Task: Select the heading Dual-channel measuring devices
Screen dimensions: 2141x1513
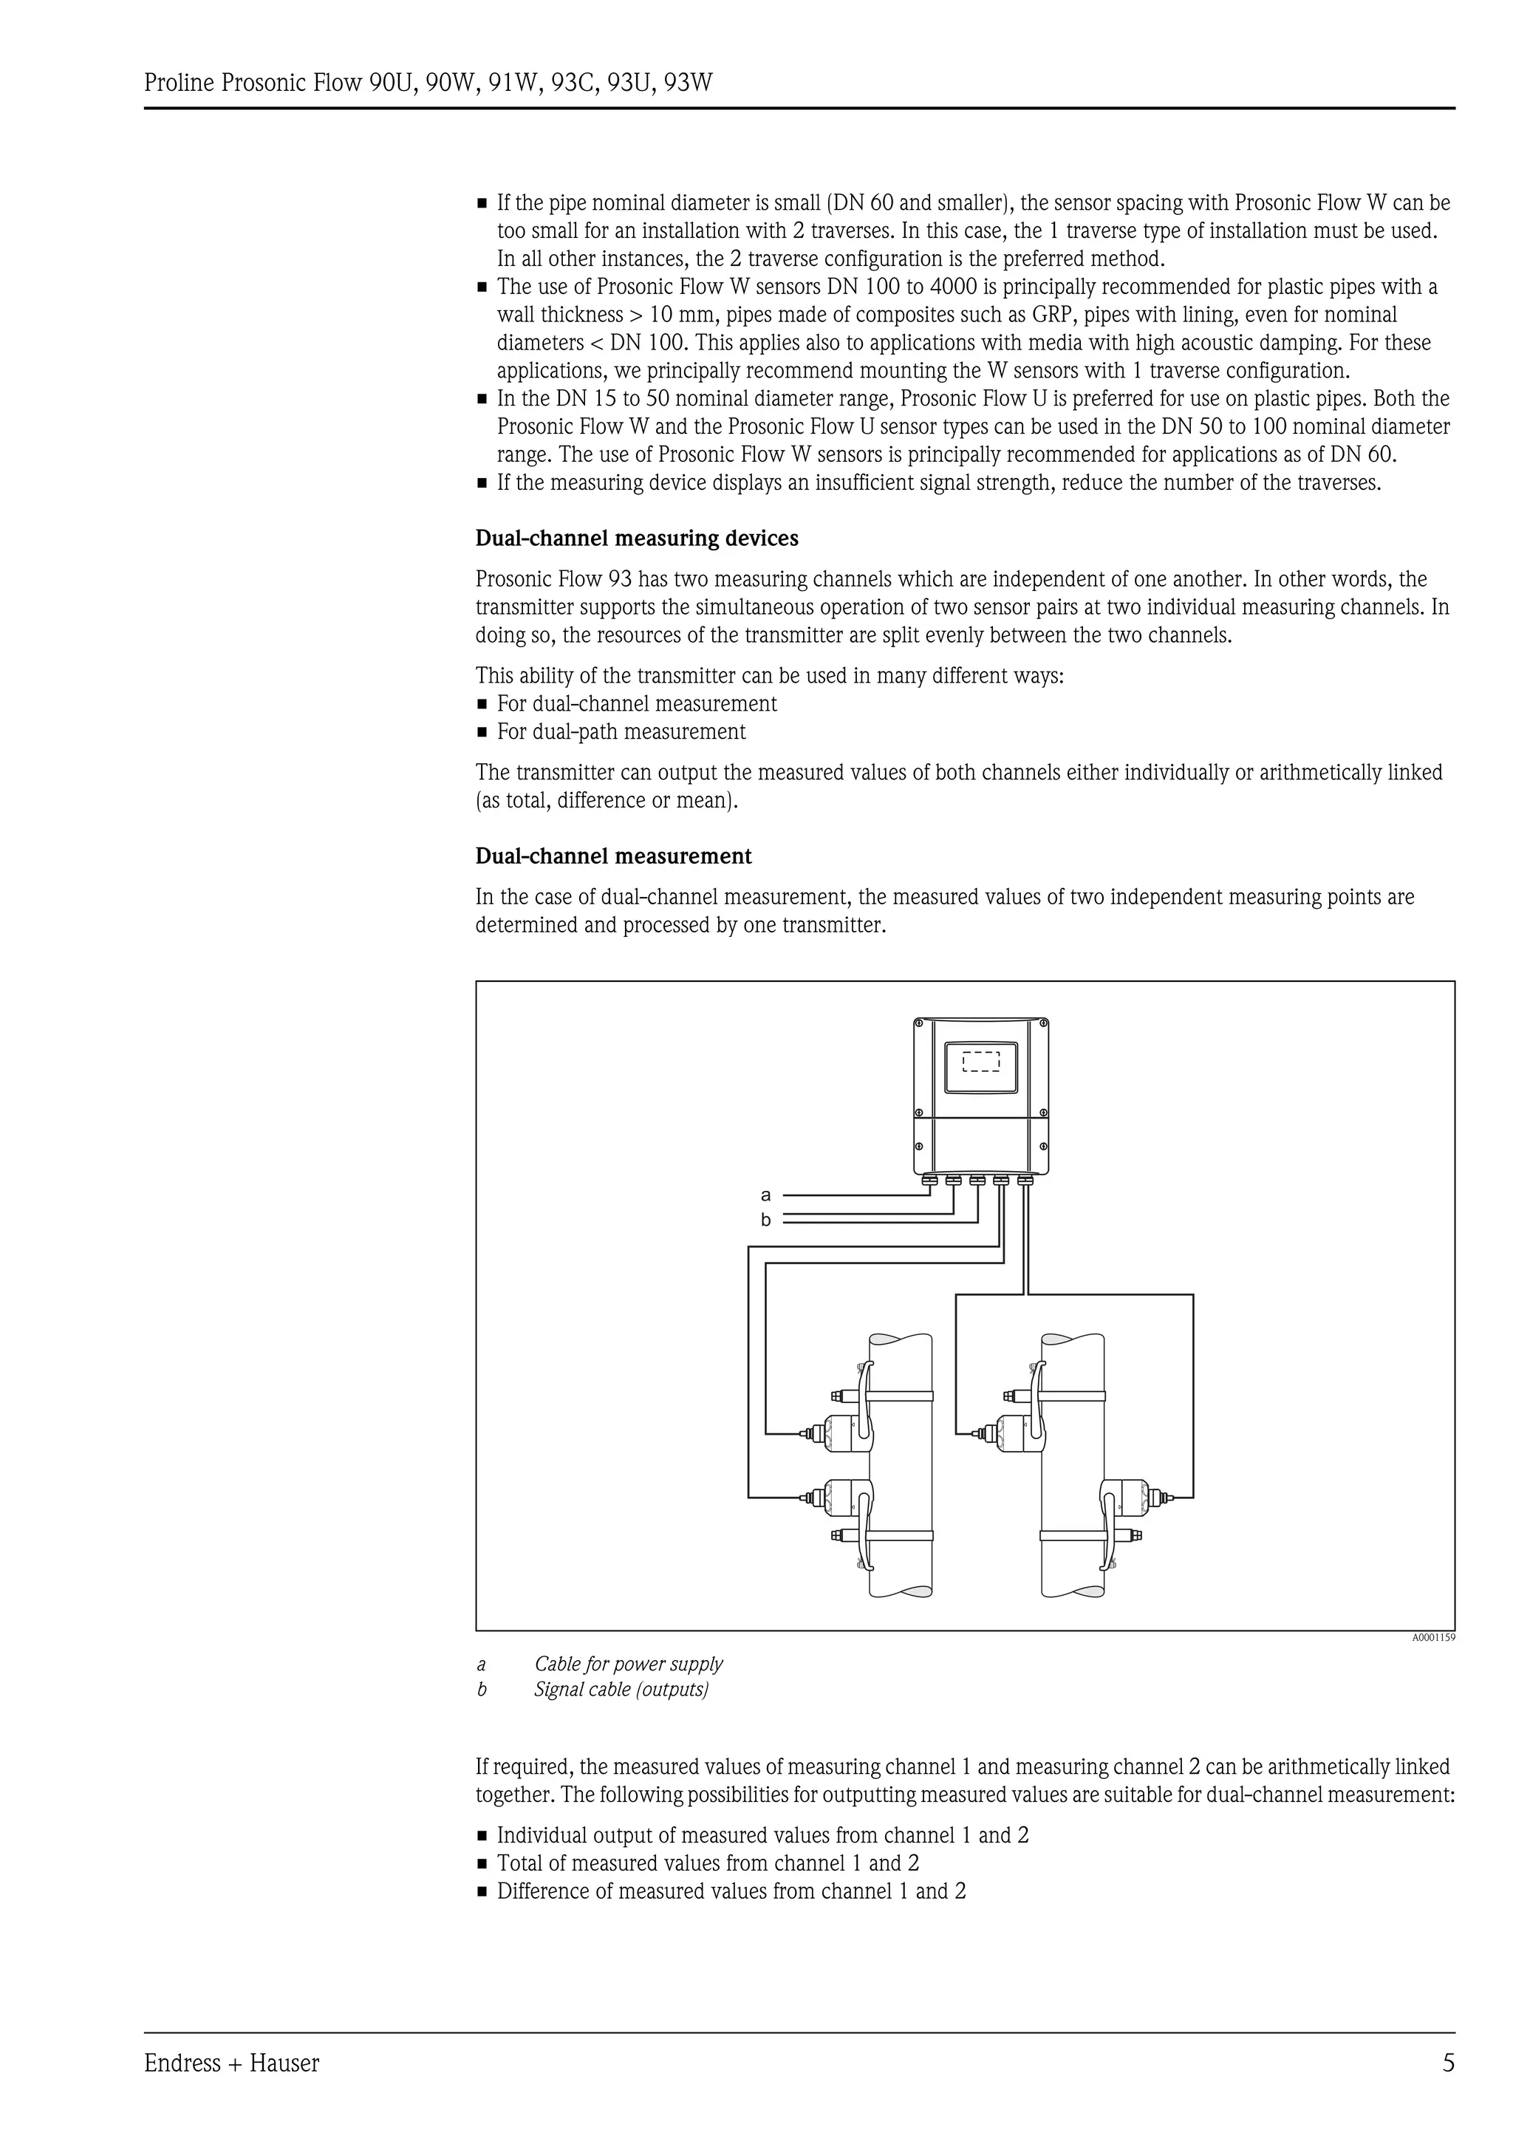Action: pos(637,539)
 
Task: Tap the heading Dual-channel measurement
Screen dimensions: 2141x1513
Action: pos(613,856)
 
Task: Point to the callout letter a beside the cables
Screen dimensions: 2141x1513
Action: pos(766,1195)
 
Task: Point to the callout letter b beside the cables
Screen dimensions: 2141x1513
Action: pos(766,1220)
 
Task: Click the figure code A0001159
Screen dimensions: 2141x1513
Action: pos(1432,1637)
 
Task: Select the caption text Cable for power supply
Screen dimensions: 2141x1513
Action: pos(628,1664)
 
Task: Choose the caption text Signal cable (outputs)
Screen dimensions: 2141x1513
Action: pos(621,1690)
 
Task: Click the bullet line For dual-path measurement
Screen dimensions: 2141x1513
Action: pos(621,732)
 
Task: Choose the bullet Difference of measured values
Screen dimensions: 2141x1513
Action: pos(731,1891)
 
